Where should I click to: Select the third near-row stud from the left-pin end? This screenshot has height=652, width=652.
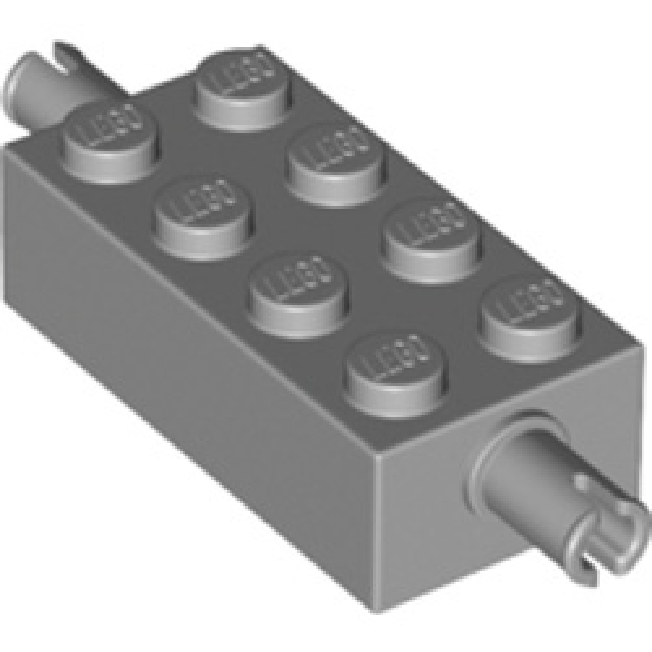click(x=300, y=286)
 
